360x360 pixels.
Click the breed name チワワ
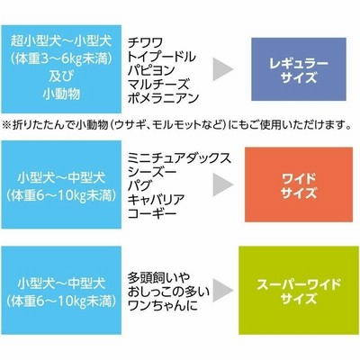(x=145, y=43)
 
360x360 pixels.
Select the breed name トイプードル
(x=162, y=57)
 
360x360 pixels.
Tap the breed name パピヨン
(x=151, y=70)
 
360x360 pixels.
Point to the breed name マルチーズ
(x=158, y=85)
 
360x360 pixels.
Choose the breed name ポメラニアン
(x=164, y=98)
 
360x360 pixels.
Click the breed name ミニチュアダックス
(x=180, y=158)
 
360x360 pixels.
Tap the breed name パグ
(x=139, y=185)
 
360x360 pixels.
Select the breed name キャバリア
(x=157, y=200)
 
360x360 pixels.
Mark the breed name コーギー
(x=152, y=213)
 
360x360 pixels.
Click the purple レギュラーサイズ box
(x=299, y=69)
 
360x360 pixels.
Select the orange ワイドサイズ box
(x=299, y=184)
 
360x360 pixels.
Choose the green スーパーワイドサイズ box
(x=299, y=291)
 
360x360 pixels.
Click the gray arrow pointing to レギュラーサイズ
(x=222, y=69)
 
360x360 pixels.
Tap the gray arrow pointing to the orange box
(x=222, y=184)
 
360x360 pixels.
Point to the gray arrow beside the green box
(x=222, y=291)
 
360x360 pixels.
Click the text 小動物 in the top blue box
(x=61, y=94)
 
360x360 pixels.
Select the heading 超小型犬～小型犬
(x=61, y=40)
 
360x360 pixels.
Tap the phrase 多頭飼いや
(x=159, y=277)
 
